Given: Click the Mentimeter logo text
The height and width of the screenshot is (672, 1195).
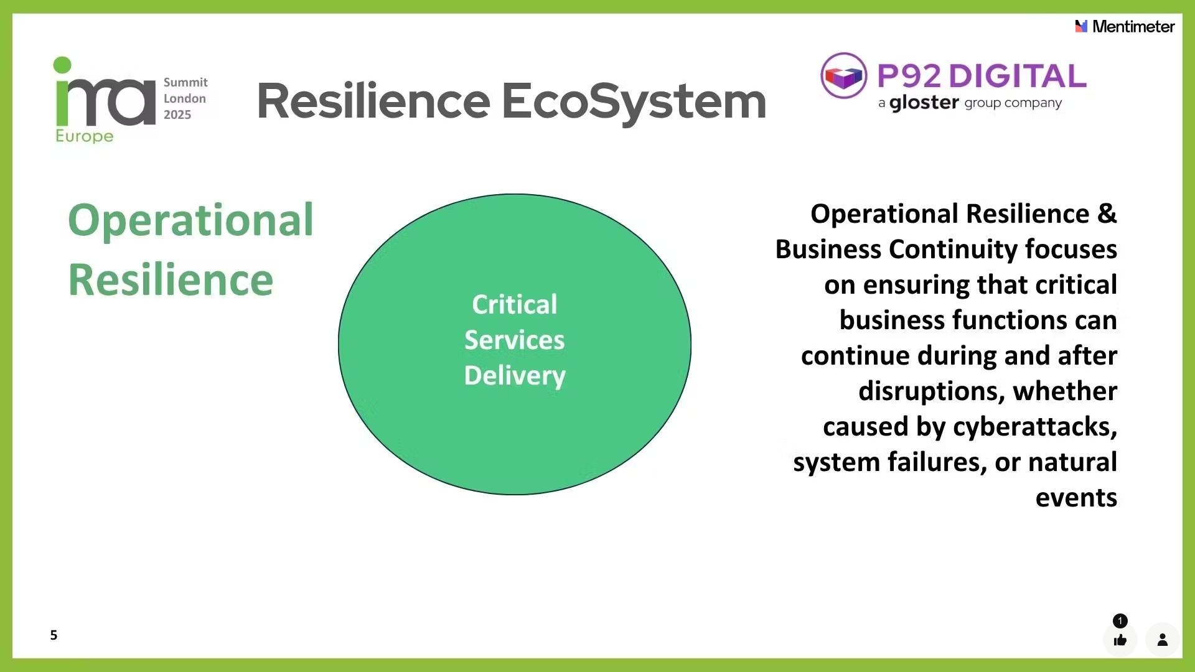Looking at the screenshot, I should (x=1133, y=27).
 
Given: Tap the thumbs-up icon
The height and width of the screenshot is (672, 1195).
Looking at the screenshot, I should (x=1120, y=640).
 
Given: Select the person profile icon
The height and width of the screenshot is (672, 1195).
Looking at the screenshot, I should (x=1162, y=640).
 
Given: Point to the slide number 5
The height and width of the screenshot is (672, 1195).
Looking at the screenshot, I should (x=54, y=635).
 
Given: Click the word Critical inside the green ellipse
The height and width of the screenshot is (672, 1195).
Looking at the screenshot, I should (x=515, y=305).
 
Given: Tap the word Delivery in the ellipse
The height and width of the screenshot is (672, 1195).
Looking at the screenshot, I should (x=515, y=376).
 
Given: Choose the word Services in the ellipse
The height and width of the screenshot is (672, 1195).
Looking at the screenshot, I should (x=515, y=340).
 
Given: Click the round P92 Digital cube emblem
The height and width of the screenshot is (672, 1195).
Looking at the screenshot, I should (x=843, y=76).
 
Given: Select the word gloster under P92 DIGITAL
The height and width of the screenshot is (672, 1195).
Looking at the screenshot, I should (x=924, y=103).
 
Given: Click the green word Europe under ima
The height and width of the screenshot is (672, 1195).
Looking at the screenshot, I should (x=85, y=136).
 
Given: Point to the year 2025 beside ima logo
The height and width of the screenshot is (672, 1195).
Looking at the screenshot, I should (x=177, y=114).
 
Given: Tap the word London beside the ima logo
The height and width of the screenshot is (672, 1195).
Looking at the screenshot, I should (x=185, y=98).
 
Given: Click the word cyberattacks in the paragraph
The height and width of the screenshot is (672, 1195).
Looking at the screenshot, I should (x=1034, y=427).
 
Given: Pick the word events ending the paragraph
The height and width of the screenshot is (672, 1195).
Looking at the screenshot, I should (x=1076, y=498).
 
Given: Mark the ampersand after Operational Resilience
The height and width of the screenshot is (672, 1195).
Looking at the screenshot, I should (x=1107, y=213).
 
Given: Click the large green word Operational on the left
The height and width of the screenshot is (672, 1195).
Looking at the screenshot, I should (x=190, y=220).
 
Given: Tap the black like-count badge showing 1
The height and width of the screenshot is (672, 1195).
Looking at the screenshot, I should (x=1120, y=620).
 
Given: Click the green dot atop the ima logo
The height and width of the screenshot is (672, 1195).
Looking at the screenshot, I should (x=62, y=65).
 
